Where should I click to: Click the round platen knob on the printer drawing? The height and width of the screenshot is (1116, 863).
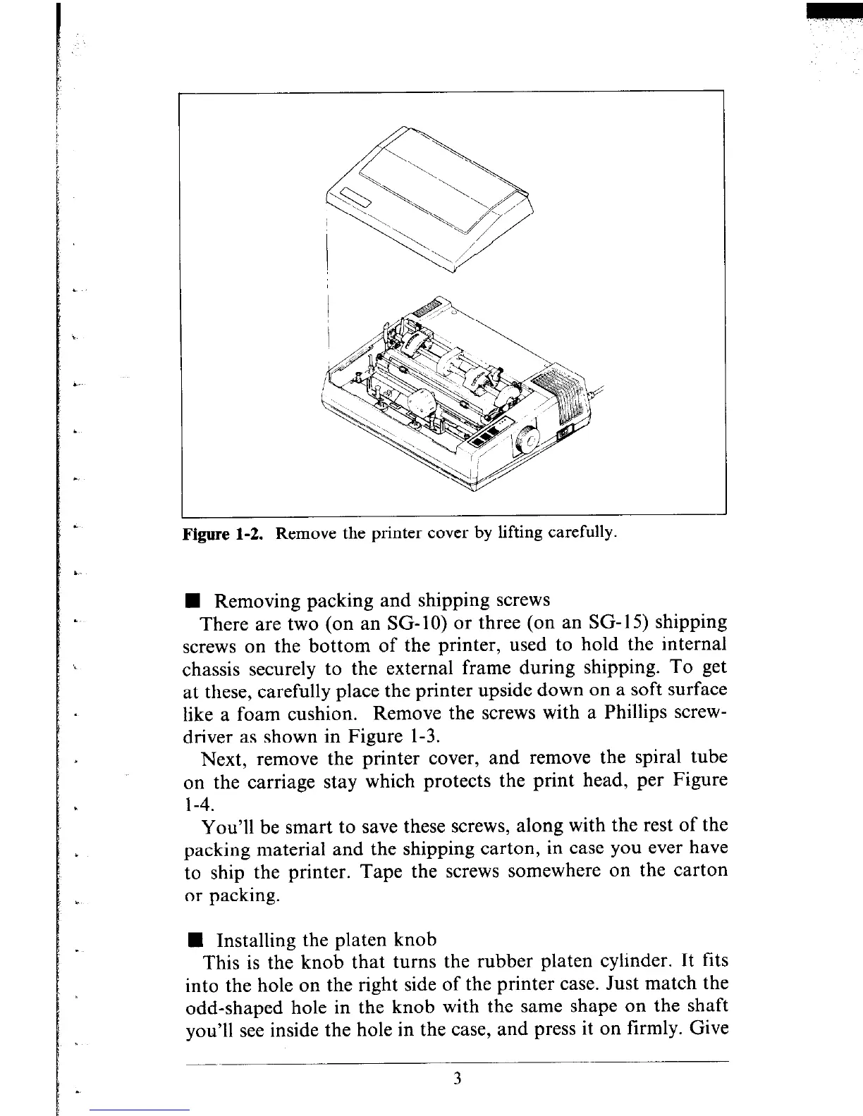(527, 441)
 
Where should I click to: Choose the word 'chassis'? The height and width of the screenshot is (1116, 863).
(211, 669)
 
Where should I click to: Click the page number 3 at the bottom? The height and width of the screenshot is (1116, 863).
(457, 1079)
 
